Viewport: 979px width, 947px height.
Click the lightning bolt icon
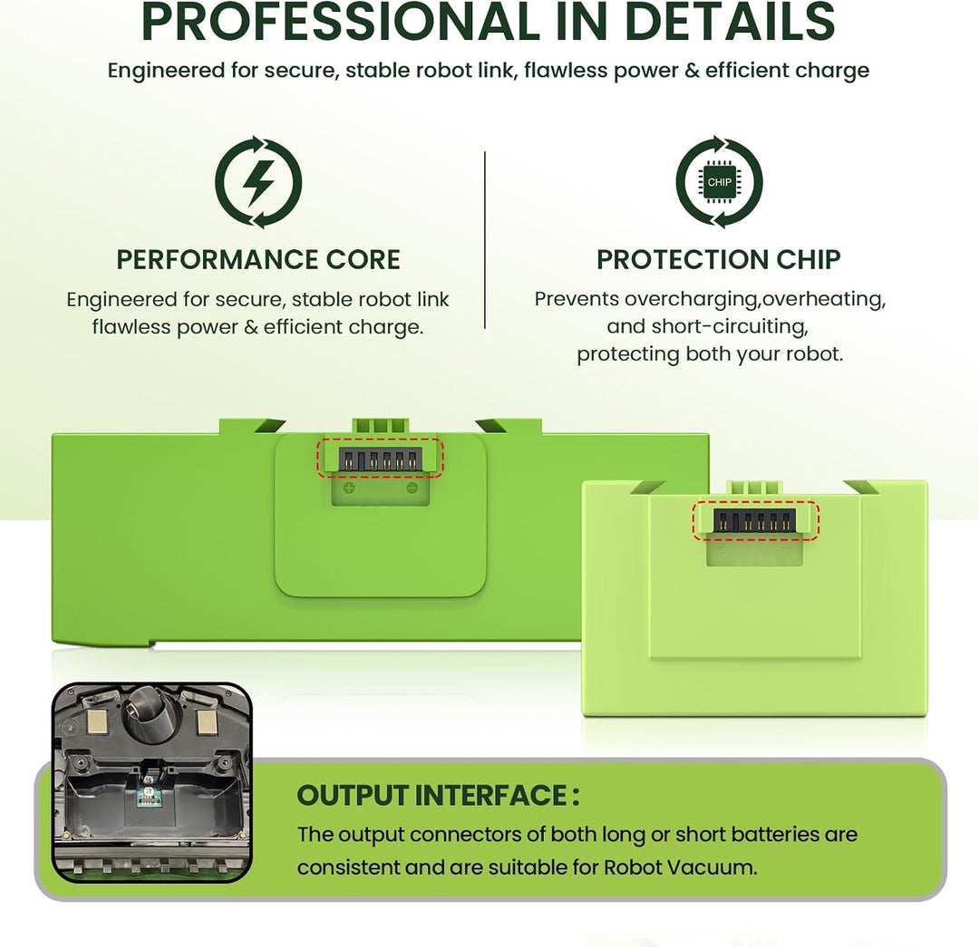click(x=258, y=182)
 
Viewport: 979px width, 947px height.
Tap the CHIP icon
click(x=719, y=182)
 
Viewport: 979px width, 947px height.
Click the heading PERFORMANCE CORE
click(x=257, y=259)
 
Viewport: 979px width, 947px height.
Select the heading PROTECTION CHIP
click(x=719, y=259)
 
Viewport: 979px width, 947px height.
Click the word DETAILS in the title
click(x=729, y=22)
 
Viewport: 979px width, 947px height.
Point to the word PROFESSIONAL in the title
click(x=340, y=22)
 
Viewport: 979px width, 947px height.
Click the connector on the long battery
click(x=380, y=459)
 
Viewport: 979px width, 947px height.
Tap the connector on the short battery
click(x=754, y=521)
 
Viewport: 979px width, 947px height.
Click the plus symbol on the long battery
click(x=349, y=488)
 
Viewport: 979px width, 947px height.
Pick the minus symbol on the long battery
click(x=412, y=488)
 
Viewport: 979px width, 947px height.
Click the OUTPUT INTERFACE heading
click(x=439, y=796)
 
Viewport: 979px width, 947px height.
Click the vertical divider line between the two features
click(x=484, y=240)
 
